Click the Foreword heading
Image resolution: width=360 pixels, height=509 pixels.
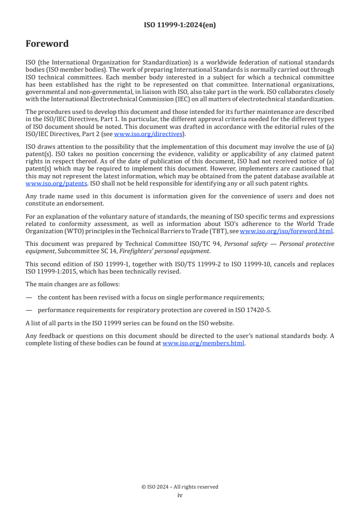47,44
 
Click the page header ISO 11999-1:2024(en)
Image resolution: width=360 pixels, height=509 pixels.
180,25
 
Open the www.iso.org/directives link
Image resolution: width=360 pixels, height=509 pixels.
148,134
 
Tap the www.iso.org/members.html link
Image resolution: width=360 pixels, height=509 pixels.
203,343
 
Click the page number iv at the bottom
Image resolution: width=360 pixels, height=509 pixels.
180,495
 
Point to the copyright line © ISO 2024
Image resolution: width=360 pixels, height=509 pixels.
180,487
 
